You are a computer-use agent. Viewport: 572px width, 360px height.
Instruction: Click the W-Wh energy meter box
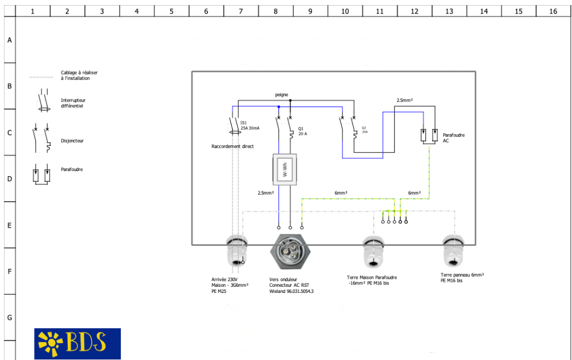[x=284, y=169]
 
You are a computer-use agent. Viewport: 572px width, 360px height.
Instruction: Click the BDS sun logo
[x=77, y=343]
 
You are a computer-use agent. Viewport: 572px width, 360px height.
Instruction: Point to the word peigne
[x=282, y=94]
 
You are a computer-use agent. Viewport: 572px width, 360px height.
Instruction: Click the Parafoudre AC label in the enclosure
[x=453, y=138]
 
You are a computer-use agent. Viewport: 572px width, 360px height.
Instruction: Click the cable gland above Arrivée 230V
[x=237, y=252]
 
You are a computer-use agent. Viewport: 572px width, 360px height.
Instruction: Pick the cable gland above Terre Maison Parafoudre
[x=374, y=251]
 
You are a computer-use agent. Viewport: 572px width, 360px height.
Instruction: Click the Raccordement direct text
[x=233, y=146]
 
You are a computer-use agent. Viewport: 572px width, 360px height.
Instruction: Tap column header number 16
[x=553, y=11]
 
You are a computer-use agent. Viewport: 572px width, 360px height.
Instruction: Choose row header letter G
[x=9, y=318]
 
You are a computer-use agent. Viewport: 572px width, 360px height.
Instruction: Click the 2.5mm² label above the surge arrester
[x=404, y=100]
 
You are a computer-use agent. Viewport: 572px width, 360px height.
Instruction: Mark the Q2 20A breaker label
[x=365, y=130]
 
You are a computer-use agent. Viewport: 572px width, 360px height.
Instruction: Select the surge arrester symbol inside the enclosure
[x=429, y=136]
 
